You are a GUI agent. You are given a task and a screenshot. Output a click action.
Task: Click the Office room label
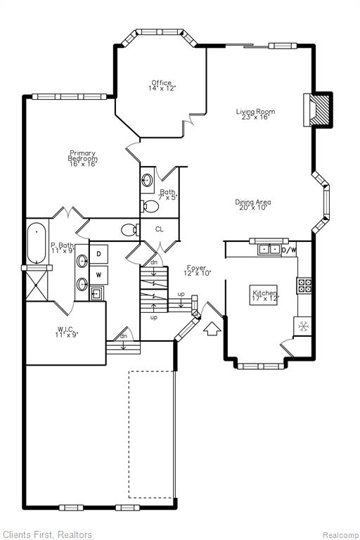[x=162, y=85]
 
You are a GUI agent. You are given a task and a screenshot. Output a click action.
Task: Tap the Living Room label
[x=255, y=114]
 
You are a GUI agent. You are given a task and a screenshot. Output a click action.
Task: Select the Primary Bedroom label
[x=83, y=158]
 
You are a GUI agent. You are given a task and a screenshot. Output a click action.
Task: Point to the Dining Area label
[x=253, y=205]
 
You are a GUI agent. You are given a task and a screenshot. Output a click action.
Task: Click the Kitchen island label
[x=264, y=295]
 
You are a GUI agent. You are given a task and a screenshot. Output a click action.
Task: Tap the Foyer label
[x=197, y=270]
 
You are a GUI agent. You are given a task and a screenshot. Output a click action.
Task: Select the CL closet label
[x=159, y=229]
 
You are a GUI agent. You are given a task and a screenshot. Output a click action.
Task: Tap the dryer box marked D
[x=98, y=254]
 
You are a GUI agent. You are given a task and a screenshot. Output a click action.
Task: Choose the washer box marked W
[x=98, y=275]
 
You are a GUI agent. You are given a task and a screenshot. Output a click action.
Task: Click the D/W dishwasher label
[x=289, y=250]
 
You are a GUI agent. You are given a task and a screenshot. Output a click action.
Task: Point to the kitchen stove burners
[x=304, y=285]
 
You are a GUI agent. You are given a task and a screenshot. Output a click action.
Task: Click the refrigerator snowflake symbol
[x=303, y=326]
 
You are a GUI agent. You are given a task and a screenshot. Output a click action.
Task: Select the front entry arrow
[x=212, y=328]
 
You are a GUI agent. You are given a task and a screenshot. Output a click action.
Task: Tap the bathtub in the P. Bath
[x=36, y=243]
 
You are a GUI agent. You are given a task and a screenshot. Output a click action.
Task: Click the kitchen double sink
[x=270, y=249]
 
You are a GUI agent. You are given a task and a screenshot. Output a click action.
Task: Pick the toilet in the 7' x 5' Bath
[x=150, y=206]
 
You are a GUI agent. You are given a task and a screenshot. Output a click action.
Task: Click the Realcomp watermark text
[x=340, y=535]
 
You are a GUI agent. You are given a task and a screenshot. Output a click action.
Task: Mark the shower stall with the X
[x=37, y=285]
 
